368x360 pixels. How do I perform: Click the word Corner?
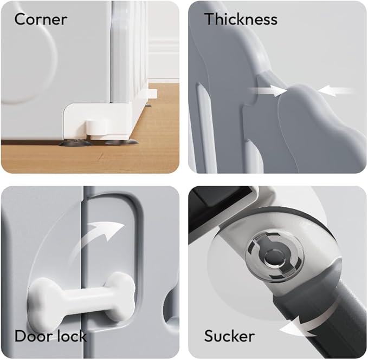pos(41,19)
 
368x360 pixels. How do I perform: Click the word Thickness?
pos(241,19)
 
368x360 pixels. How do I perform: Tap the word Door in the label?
pos(33,336)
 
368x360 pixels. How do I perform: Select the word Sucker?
pos(229,336)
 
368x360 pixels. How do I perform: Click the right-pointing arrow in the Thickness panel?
pos(268,91)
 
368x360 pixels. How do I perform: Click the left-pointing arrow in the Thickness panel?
pos(336,91)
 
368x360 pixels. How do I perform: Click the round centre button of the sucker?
pos(272,259)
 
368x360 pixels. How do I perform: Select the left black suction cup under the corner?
pos(75,143)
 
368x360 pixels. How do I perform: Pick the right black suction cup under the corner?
pos(121,142)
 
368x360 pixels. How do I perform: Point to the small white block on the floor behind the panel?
pos(152,94)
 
